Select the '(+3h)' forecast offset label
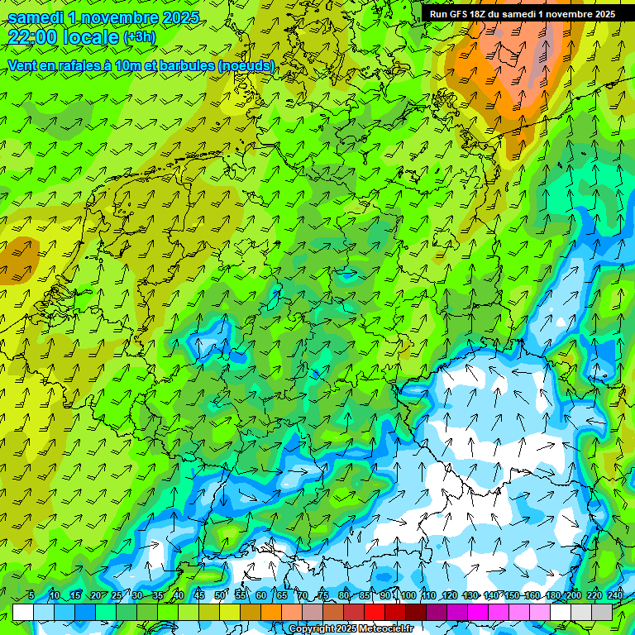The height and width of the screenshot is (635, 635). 139,37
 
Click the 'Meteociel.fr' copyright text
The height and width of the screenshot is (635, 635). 381,628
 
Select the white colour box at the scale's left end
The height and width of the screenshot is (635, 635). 23,612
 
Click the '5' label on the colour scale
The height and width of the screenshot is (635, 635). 31,595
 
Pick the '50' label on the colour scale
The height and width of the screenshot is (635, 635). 220,595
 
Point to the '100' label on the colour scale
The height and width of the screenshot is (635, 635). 408,595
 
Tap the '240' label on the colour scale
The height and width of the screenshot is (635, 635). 615,595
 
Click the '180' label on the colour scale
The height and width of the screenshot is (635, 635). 553,595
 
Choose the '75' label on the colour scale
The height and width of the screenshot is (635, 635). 323,595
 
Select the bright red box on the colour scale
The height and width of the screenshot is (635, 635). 375,612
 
